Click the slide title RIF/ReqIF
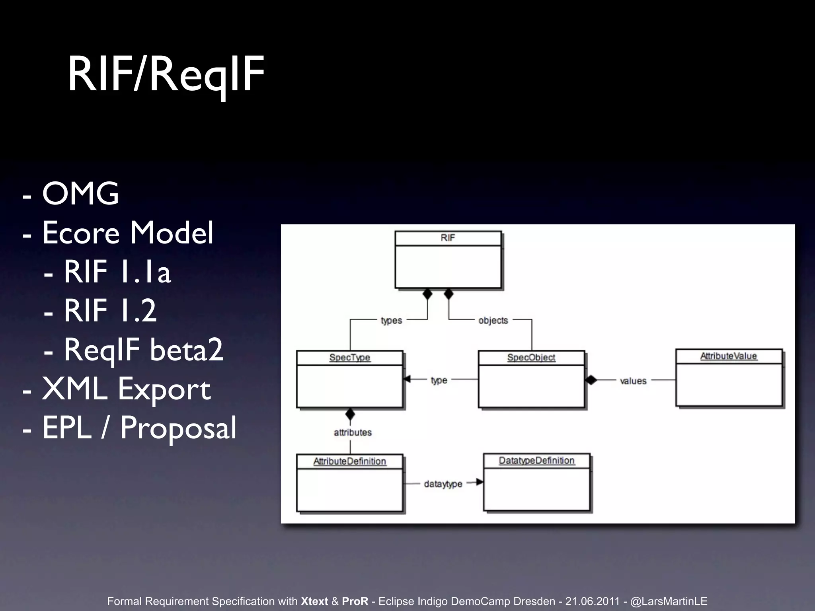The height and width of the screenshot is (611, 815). [166, 74]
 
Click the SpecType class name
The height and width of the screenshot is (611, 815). [350, 358]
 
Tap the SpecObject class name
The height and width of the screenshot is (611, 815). [531, 358]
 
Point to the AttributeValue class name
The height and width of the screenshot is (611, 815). [729, 356]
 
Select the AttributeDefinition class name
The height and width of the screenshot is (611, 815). [350, 461]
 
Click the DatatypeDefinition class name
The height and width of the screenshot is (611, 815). [537, 461]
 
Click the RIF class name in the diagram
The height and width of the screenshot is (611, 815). [448, 238]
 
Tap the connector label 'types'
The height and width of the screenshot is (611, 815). [391, 321]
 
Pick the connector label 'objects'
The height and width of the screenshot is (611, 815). [493, 321]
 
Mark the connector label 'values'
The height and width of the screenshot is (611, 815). [633, 381]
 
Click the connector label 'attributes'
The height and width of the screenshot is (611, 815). [353, 433]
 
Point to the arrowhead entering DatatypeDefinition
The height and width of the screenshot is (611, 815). [480, 483]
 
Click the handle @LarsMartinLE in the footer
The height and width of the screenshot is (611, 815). [669, 601]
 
